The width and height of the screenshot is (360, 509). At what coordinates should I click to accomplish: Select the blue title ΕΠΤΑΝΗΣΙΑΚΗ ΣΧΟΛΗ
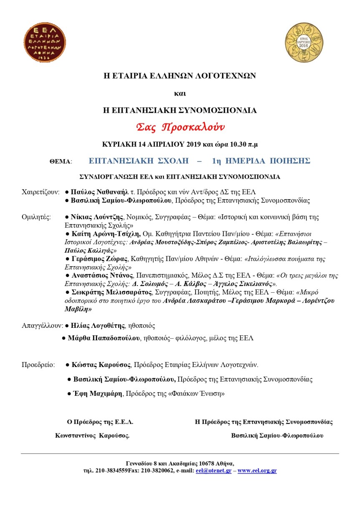click(x=138, y=161)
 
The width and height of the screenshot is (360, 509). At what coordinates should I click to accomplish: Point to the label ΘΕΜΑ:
click(x=61, y=161)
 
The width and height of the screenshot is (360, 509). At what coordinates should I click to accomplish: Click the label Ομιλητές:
click(x=36, y=217)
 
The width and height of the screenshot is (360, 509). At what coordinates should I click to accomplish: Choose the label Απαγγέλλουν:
click(x=42, y=325)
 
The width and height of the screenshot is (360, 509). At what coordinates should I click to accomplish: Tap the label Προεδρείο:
click(x=38, y=365)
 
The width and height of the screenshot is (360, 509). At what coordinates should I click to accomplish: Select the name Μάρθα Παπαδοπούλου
click(x=103, y=338)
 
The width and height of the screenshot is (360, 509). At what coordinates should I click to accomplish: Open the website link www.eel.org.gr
click(x=257, y=471)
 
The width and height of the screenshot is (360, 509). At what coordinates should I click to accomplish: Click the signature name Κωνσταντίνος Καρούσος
click(x=92, y=435)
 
